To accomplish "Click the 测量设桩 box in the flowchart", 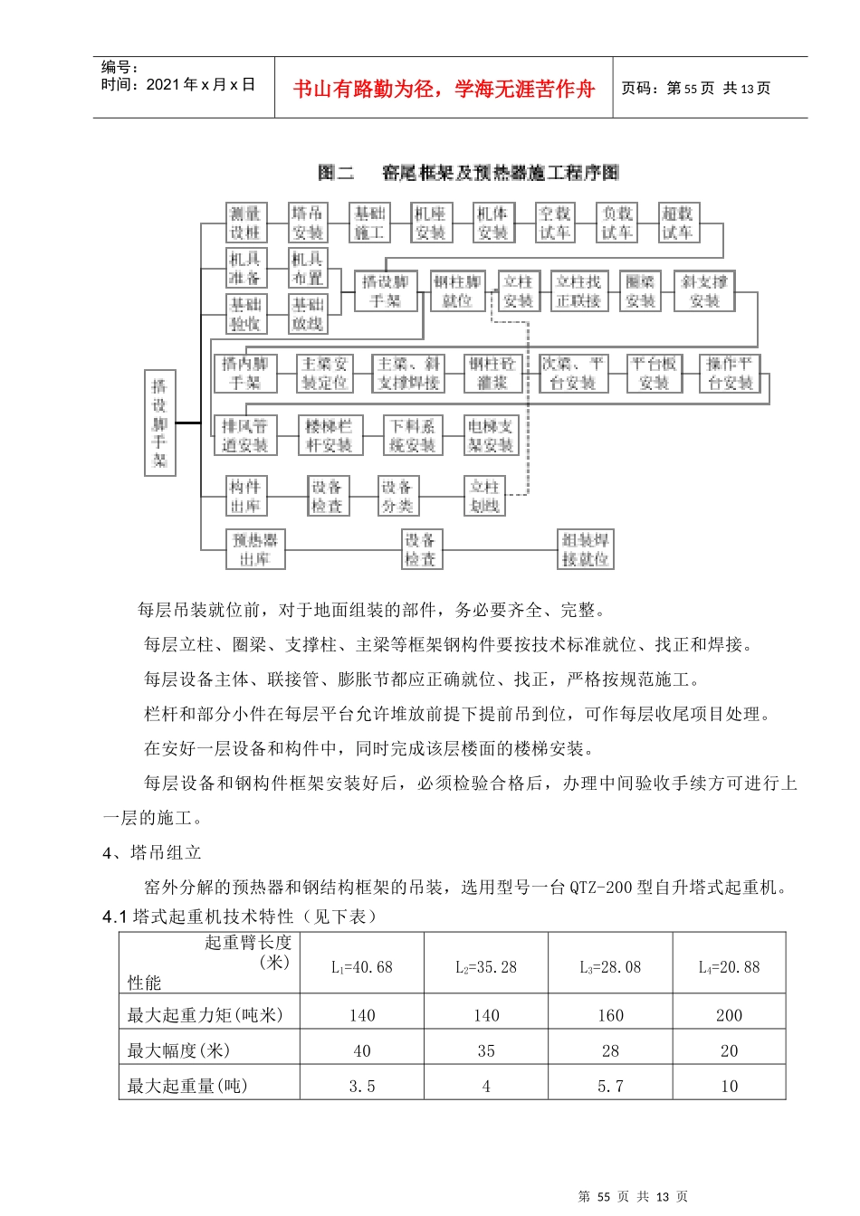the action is pyautogui.click(x=244, y=223).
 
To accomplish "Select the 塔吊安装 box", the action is pyautogui.click(x=307, y=223).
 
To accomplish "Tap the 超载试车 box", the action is pyautogui.click(x=677, y=223).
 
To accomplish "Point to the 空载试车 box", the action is pyautogui.click(x=554, y=223).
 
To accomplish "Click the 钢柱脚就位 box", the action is pyautogui.click(x=457, y=291).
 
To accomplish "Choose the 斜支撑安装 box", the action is pyautogui.click(x=703, y=291).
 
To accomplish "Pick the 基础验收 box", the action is pyautogui.click(x=244, y=314).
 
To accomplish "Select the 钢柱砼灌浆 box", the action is pyautogui.click(x=492, y=373).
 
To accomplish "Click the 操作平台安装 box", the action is pyautogui.click(x=730, y=373).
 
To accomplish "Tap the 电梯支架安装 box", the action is pyautogui.click(x=491, y=435).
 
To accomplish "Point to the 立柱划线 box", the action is pyautogui.click(x=484, y=497).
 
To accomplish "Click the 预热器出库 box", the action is pyautogui.click(x=255, y=549).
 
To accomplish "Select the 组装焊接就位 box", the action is pyautogui.click(x=585, y=549).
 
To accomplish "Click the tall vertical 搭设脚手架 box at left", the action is pyautogui.click(x=160, y=423).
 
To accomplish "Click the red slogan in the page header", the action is pyautogui.click(x=444, y=89).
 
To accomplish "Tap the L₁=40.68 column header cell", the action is pyautogui.click(x=362, y=967).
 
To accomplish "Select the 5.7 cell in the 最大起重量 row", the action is pyautogui.click(x=610, y=1086).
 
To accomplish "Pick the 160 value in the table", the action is pyautogui.click(x=610, y=1015).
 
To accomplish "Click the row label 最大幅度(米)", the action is pyautogui.click(x=178, y=1050).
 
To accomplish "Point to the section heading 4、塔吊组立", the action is pyautogui.click(x=152, y=852).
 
